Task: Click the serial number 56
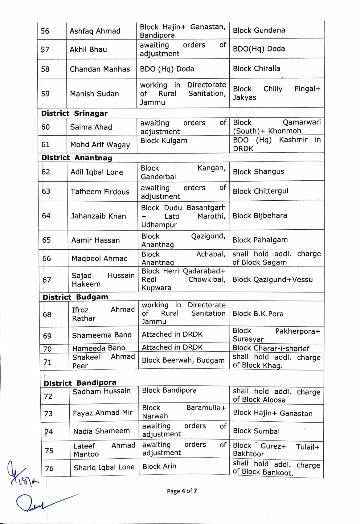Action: pos(45,31)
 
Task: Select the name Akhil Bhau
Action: pos(88,49)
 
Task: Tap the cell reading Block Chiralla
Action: pos(256,68)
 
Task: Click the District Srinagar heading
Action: pos(74,113)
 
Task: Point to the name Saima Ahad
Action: pos(91,127)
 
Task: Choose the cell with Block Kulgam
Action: pos(164,141)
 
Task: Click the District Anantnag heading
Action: pos(77,158)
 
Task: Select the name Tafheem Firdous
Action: pos(100,191)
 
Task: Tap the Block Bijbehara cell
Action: pos(260,215)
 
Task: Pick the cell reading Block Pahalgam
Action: pos(260,240)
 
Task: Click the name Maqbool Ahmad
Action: pos(100,258)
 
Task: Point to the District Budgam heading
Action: pos(75,297)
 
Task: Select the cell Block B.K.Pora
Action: pos(258,313)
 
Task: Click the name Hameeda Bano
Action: pos(99,348)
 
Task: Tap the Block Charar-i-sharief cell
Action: pos(271,348)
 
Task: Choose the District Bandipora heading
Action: pos(80,383)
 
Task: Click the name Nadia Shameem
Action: pos(101,431)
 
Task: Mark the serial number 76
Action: pos(49,468)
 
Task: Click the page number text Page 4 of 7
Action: pos(182,491)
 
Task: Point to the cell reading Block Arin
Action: pos(159,466)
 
